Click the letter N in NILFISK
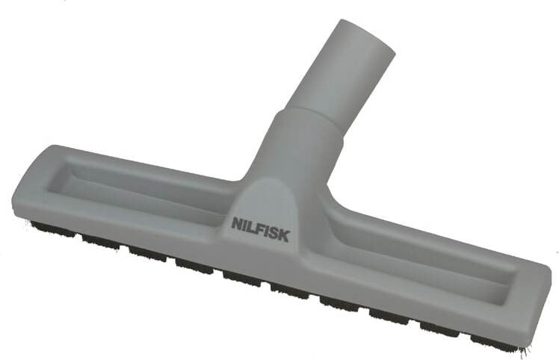[237, 223]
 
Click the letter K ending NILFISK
[284, 236]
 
